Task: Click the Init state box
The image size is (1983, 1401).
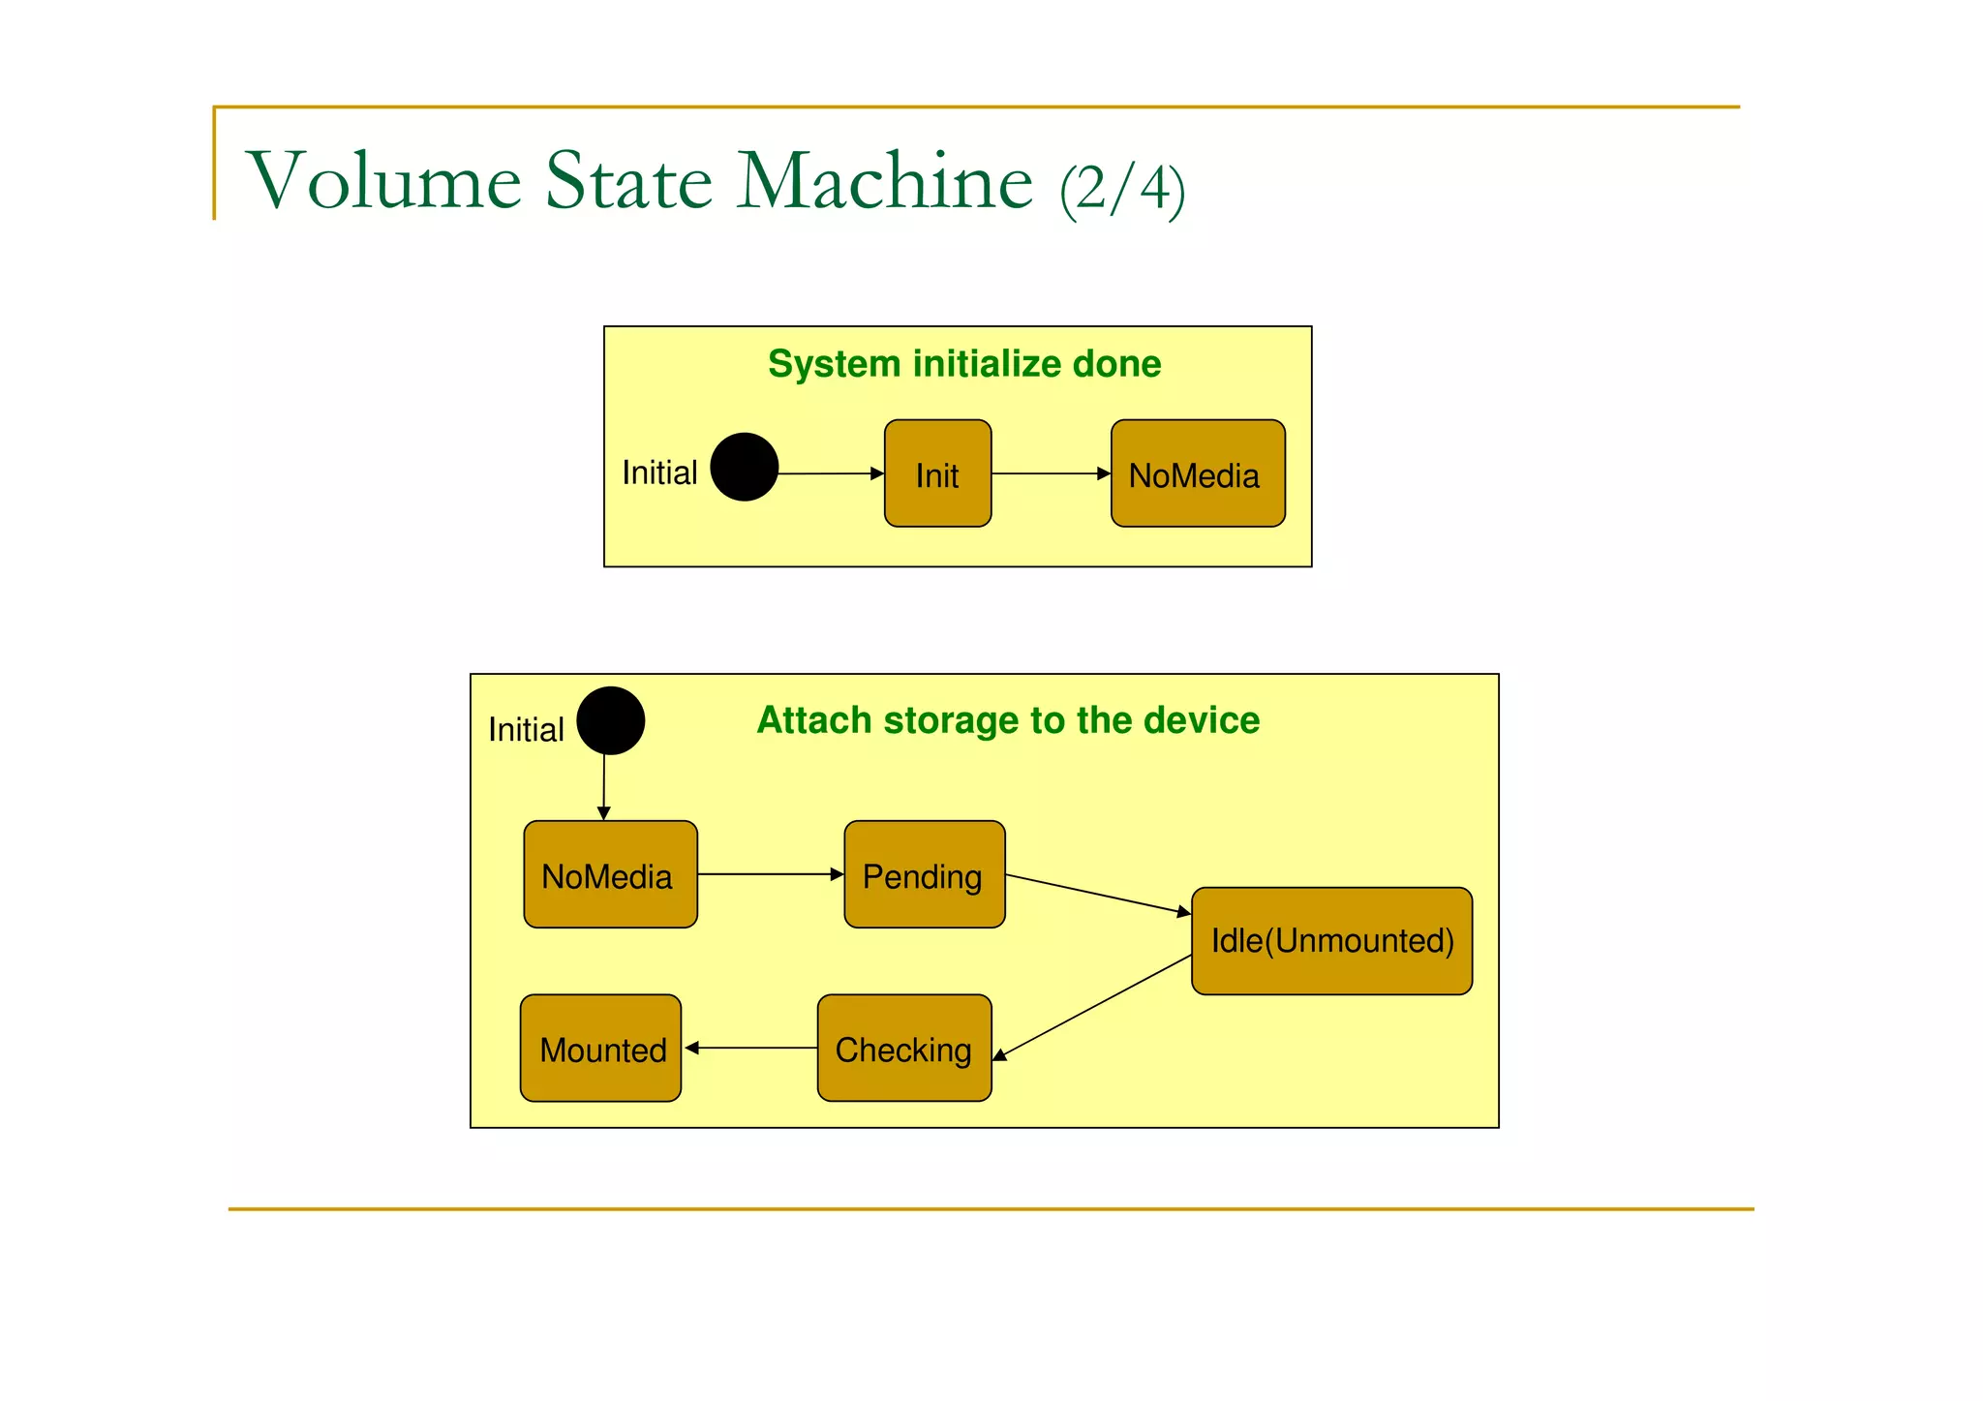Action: [x=937, y=473]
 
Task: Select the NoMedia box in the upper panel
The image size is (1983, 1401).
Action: [x=1198, y=473]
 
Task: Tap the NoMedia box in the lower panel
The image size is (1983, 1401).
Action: [x=610, y=874]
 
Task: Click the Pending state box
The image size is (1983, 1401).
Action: [x=924, y=874]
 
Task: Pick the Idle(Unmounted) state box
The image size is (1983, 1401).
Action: [x=1331, y=940]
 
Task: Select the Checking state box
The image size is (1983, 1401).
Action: [x=903, y=1048]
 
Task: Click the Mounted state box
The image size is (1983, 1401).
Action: [x=600, y=1048]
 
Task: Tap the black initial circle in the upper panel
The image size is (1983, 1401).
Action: [x=744, y=467]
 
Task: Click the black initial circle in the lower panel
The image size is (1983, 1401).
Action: [x=610, y=720]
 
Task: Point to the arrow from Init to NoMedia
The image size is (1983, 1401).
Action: [x=1051, y=473]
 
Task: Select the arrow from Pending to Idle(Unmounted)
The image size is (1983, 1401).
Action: [x=1098, y=895]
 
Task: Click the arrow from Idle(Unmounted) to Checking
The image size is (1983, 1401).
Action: [x=1092, y=1007]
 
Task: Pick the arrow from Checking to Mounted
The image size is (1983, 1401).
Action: [x=750, y=1048]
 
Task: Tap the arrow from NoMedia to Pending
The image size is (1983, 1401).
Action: [x=770, y=874]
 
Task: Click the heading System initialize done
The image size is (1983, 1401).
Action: [x=964, y=364]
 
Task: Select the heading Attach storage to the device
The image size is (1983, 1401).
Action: [x=1008, y=720]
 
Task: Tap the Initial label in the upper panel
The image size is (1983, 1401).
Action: [x=659, y=472]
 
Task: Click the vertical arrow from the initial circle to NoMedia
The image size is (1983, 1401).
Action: [x=604, y=786]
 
